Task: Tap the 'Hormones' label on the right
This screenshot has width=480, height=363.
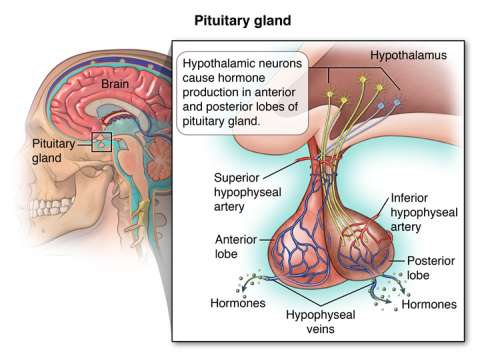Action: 431,303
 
